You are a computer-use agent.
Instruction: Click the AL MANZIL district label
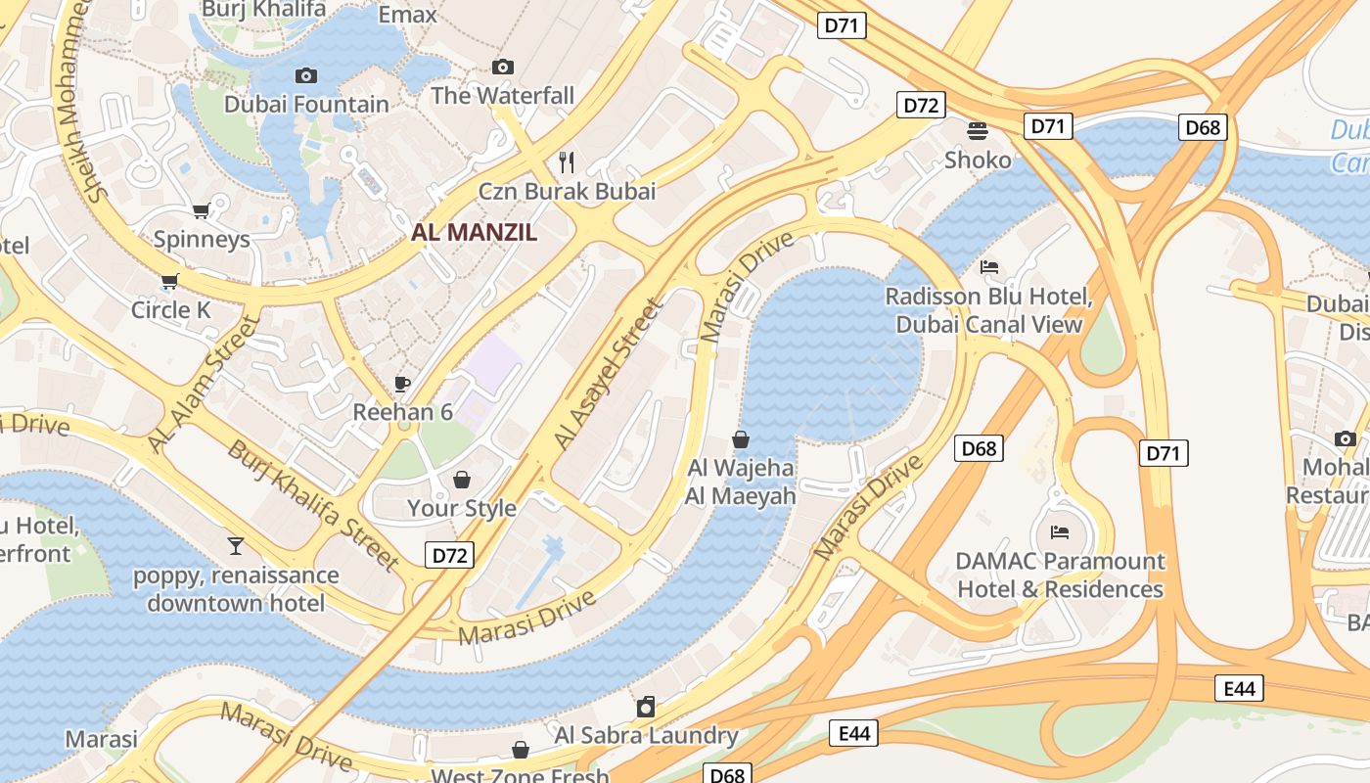coord(475,232)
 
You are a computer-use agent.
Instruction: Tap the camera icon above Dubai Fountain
coord(306,75)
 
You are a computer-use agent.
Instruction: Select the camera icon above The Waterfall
coord(503,67)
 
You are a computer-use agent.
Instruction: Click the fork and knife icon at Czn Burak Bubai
coord(567,161)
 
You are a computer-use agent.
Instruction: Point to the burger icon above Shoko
coord(978,130)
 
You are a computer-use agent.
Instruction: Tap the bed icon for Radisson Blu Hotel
coord(989,267)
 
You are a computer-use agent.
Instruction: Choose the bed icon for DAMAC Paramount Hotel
coord(1060,532)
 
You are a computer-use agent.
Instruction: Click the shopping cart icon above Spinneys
coord(202,210)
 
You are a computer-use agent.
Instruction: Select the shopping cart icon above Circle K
coord(170,282)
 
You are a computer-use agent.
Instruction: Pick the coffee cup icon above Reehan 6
coord(401,384)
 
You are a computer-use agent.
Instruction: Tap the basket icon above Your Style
coord(462,480)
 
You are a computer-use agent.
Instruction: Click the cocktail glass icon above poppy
coord(235,545)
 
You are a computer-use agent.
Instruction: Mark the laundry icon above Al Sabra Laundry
coord(646,707)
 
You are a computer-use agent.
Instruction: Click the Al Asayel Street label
coord(608,376)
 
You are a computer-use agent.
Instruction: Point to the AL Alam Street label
coord(204,385)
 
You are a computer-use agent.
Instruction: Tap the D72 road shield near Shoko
coord(921,105)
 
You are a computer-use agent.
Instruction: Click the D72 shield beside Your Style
coord(450,555)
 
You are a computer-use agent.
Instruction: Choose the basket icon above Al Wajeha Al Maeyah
coord(741,439)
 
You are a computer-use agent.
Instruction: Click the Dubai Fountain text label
coord(306,104)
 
